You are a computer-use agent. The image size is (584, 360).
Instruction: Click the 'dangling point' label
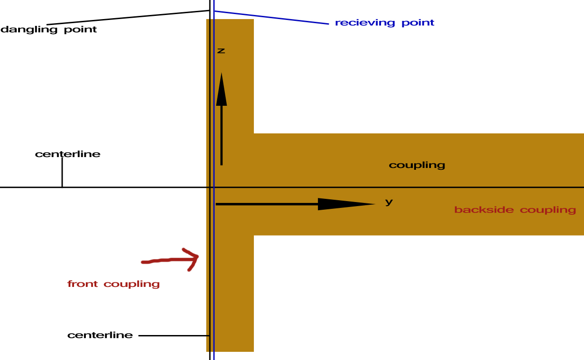click(49, 30)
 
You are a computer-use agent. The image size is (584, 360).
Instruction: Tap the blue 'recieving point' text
click(384, 23)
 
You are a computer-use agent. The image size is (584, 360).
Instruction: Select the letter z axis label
click(221, 51)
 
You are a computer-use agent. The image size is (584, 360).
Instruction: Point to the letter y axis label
click(389, 202)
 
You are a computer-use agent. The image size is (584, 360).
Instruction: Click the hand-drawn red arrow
click(171, 260)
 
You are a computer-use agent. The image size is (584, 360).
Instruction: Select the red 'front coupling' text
click(114, 284)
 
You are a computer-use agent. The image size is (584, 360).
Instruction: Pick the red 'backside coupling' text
click(515, 210)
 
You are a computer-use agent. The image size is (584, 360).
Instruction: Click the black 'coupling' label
click(417, 165)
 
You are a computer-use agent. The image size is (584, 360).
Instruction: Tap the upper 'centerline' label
click(68, 154)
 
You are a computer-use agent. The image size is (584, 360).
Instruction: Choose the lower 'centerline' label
click(100, 335)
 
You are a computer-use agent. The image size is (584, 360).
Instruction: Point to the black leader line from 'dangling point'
click(128, 17)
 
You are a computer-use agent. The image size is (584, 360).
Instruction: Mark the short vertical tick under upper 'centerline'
click(62, 172)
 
